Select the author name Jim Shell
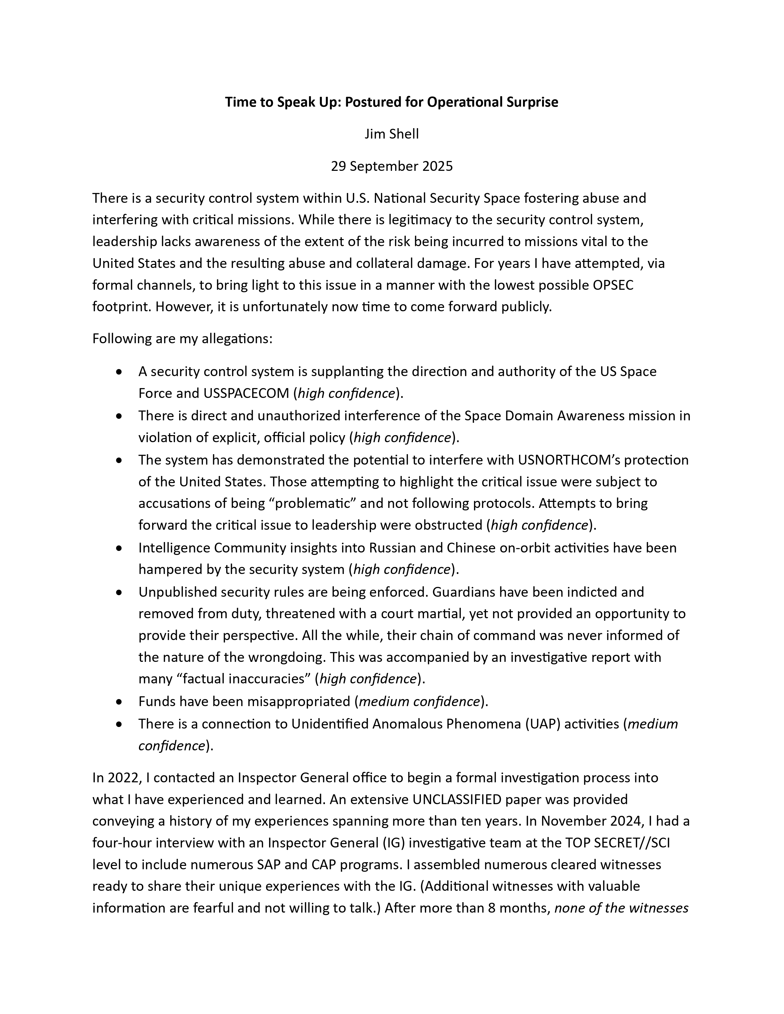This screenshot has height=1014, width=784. [x=391, y=134]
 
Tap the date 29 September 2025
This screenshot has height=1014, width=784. [x=391, y=166]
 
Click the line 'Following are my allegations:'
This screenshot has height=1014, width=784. [x=182, y=339]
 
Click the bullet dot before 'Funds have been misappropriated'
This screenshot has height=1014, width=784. [x=120, y=702]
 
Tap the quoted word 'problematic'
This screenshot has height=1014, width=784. [x=314, y=503]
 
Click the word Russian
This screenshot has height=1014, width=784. [x=393, y=548]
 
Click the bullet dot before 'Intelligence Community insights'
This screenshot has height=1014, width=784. [x=120, y=548]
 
